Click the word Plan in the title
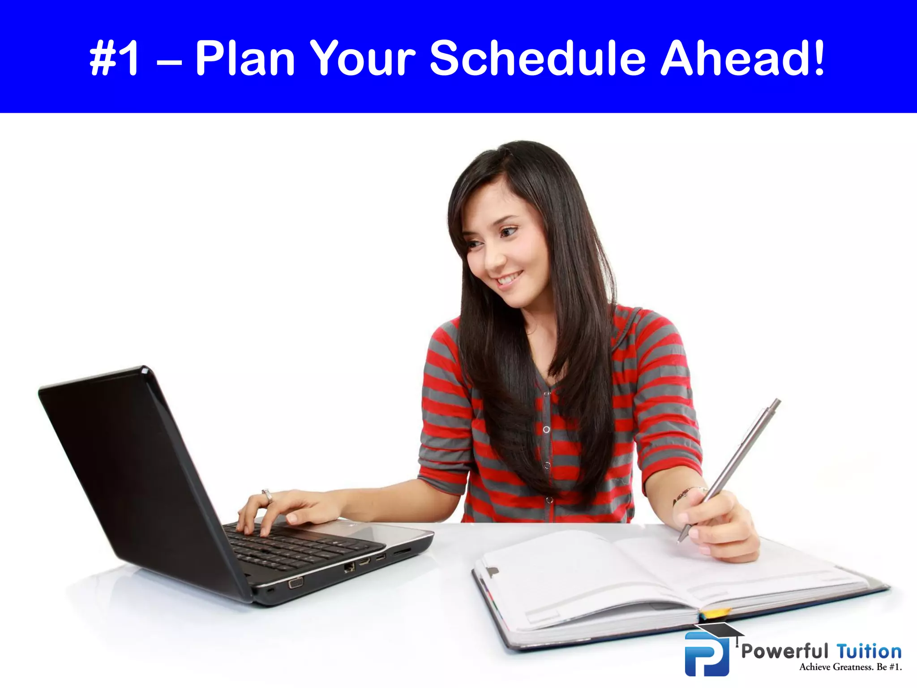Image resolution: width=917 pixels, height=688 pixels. tap(245, 58)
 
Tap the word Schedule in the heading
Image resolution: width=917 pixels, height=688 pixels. tap(537, 58)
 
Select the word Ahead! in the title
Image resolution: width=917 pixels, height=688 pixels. tap(742, 58)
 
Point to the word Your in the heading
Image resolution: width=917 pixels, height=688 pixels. tap(363, 58)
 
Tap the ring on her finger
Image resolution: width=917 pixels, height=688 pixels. tap(267, 495)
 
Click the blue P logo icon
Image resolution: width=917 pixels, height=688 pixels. tap(707, 654)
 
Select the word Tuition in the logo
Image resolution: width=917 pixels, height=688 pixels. tap(869, 651)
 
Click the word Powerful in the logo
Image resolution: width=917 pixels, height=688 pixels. tap(784, 651)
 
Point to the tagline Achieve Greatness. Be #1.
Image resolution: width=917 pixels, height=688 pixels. tap(850, 667)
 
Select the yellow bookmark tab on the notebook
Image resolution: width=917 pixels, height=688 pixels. tap(716, 613)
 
